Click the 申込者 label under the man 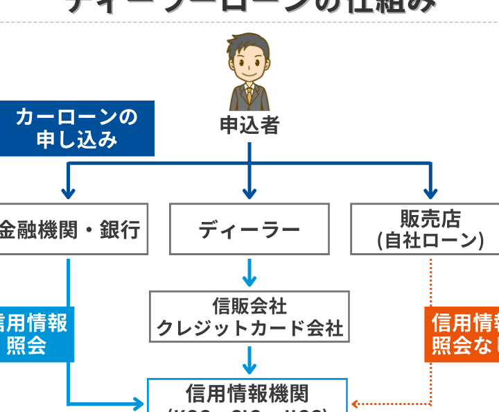click(249, 126)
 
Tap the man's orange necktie click(249, 93)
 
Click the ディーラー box click(249, 230)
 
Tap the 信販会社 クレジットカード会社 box click(249, 317)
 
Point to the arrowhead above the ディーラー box click(249, 192)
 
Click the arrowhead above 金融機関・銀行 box click(68, 192)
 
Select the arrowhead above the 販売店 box click(430, 192)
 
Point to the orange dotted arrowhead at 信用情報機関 click(355, 404)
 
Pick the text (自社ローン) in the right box click(430, 241)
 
